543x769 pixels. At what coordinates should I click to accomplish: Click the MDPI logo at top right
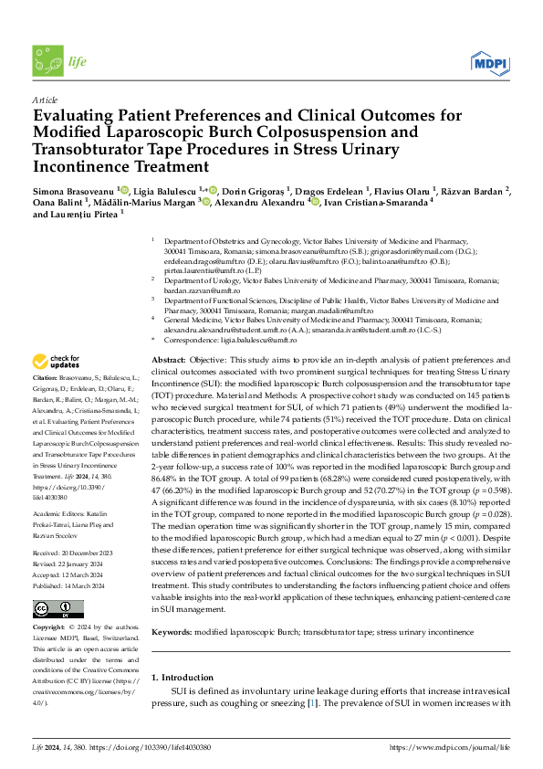[x=488, y=62]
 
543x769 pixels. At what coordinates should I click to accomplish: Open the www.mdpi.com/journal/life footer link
[x=450, y=747]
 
